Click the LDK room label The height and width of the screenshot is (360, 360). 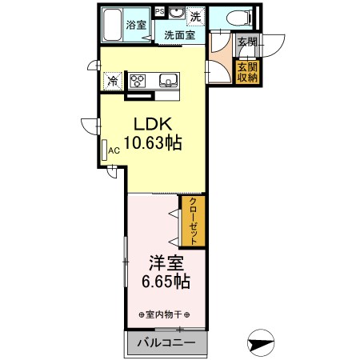click(x=151, y=126)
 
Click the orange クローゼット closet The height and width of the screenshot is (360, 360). click(x=193, y=222)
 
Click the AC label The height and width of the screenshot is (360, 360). click(x=114, y=149)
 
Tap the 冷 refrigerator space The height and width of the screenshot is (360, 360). click(x=113, y=80)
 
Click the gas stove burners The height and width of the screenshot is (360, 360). click(x=137, y=80)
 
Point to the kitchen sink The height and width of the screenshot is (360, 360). click(x=168, y=79)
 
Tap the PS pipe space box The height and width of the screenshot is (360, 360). click(x=160, y=11)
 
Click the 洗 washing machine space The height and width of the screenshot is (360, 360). click(x=195, y=16)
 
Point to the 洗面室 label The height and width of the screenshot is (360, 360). click(x=180, y=36)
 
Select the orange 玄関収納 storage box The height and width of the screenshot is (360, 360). click(x=247, y=71)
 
